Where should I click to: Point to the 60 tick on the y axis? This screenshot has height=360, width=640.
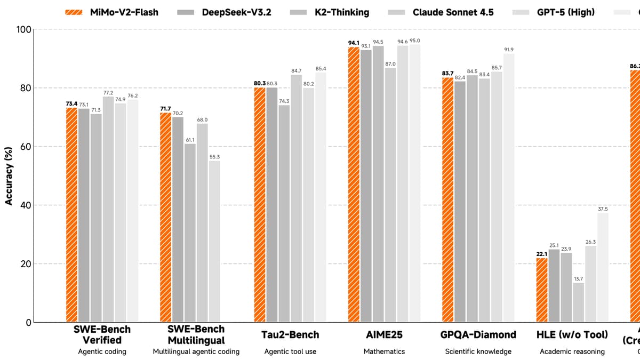[25, 147]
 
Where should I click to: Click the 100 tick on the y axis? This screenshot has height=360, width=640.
[22, 29]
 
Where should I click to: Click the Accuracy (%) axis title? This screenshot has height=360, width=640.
[9, 176]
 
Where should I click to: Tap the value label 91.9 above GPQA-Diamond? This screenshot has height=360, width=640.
[509, 50]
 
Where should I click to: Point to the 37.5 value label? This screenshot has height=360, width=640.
[603, 209]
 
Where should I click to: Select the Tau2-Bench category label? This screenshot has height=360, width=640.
[291, 335]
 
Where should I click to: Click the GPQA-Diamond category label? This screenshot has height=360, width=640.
[478, 335]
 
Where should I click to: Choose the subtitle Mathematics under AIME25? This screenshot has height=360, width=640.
[384, 351]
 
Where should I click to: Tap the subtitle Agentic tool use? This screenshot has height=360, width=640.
[291, 351]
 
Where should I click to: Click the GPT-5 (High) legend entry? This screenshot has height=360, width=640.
[565, 12]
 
